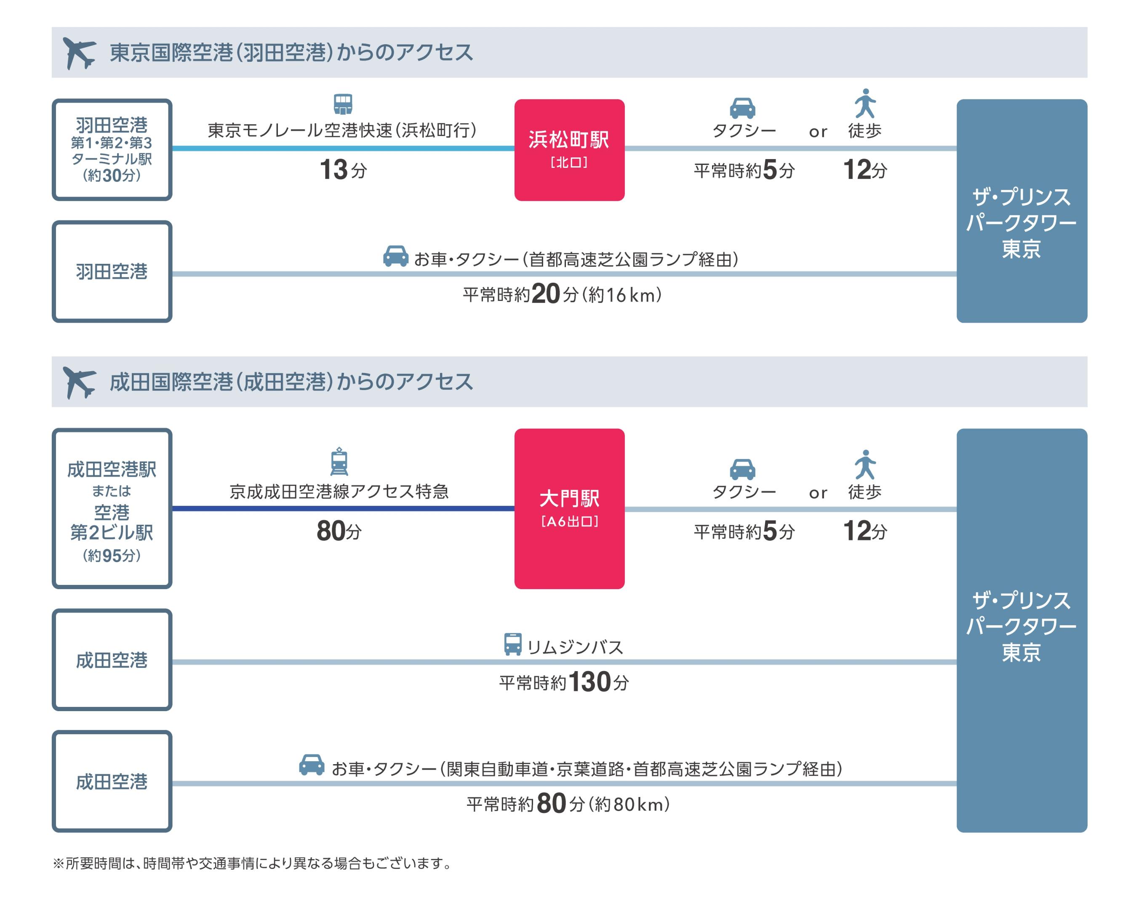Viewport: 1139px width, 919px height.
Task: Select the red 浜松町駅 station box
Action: pyautogui.click(x=569, y=150)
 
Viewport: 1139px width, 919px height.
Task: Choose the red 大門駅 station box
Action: pyautogui.click(x=569, y=508)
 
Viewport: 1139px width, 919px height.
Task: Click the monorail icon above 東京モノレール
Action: pyautogui.click(x=343, y=104)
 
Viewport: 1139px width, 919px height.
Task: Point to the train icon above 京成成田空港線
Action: pyautogui.click(x=339, y=462)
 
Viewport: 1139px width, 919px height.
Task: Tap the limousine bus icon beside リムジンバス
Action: pyautogui.click(x=512, y=644)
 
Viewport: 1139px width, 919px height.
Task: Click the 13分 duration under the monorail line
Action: pyautogui.click(x=343, y=170)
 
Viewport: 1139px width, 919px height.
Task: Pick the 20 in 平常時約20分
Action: pyautogui.click(x=545, y=294)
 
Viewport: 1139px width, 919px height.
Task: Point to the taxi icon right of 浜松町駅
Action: pyautogui.click(x=742, y=108)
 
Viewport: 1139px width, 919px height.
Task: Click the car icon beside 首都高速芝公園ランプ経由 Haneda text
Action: pyautogui.click(x=395, y=256)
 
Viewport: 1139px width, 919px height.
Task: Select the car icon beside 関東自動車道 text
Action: pyautogui.click(x=312, y=765)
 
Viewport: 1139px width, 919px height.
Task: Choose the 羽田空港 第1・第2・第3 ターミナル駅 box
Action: pyautogui.click(x=112, y=150)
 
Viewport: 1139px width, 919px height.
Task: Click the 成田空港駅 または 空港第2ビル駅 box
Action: pyautogui.click(x=112, y=508)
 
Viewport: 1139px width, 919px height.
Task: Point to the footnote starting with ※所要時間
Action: pyautogui.click(x=252, y=863)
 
